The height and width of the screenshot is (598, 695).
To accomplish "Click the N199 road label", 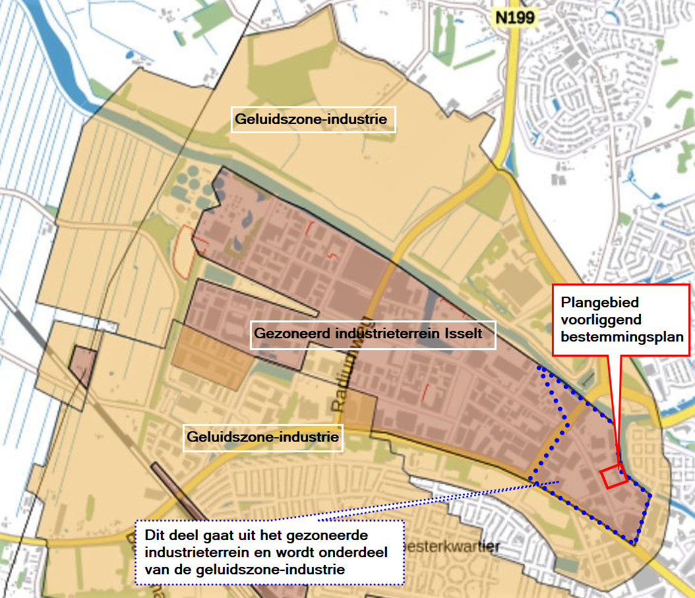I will tap(515, 18).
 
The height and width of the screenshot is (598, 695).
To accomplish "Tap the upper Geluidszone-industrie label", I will tap(313, 119).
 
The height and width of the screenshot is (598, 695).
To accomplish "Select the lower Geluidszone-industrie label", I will tap(262, 436).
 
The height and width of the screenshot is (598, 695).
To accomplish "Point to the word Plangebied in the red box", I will tap(600, 302).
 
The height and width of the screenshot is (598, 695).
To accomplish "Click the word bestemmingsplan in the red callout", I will tap(621, 335).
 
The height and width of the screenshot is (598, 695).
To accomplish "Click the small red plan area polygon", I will tap(613, 476).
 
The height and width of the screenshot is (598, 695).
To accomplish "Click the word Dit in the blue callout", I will tap(152, 535).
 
